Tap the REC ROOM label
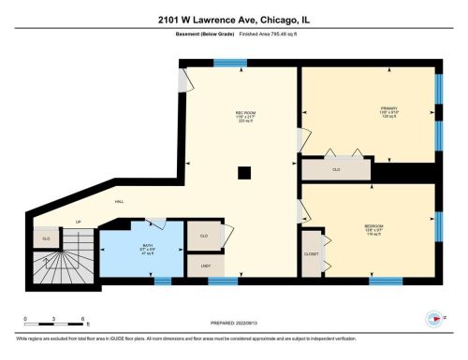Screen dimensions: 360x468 coord(245,112)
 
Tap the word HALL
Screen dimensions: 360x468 coord(121,202)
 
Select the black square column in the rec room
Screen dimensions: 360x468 coord(244,171)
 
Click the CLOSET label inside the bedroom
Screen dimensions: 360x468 coord(312,253)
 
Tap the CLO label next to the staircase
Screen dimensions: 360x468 coord(45,239)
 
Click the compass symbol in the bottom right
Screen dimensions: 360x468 coord(432,316)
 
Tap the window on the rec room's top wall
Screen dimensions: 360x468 coord(225,64)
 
